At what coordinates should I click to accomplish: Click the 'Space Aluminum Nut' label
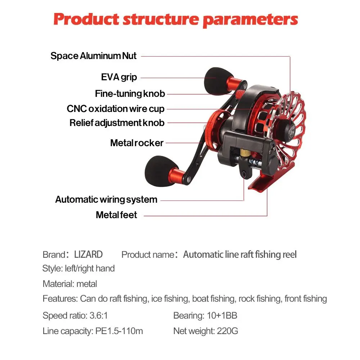(94, 56)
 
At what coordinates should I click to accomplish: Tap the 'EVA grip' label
(119, 77)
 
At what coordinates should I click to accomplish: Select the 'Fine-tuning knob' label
(130, 94)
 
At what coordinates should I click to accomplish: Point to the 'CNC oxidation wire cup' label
(116, 109)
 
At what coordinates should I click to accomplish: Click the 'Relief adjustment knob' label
(117, 123)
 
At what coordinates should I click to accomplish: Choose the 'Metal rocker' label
(137, 143)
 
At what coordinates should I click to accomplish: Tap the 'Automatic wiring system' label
(106, 199)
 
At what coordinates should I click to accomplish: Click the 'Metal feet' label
(116, 215)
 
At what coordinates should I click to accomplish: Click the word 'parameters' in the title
(250, 20)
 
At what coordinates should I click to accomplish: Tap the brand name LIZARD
(89, 255)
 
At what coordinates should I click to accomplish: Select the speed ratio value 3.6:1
(99, 315)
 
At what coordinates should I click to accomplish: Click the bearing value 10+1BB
(222, 315)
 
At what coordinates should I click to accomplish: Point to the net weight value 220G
(227, 331)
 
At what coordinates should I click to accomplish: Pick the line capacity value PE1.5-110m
(119, 331)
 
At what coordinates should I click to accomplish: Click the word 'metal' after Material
(86, 284)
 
